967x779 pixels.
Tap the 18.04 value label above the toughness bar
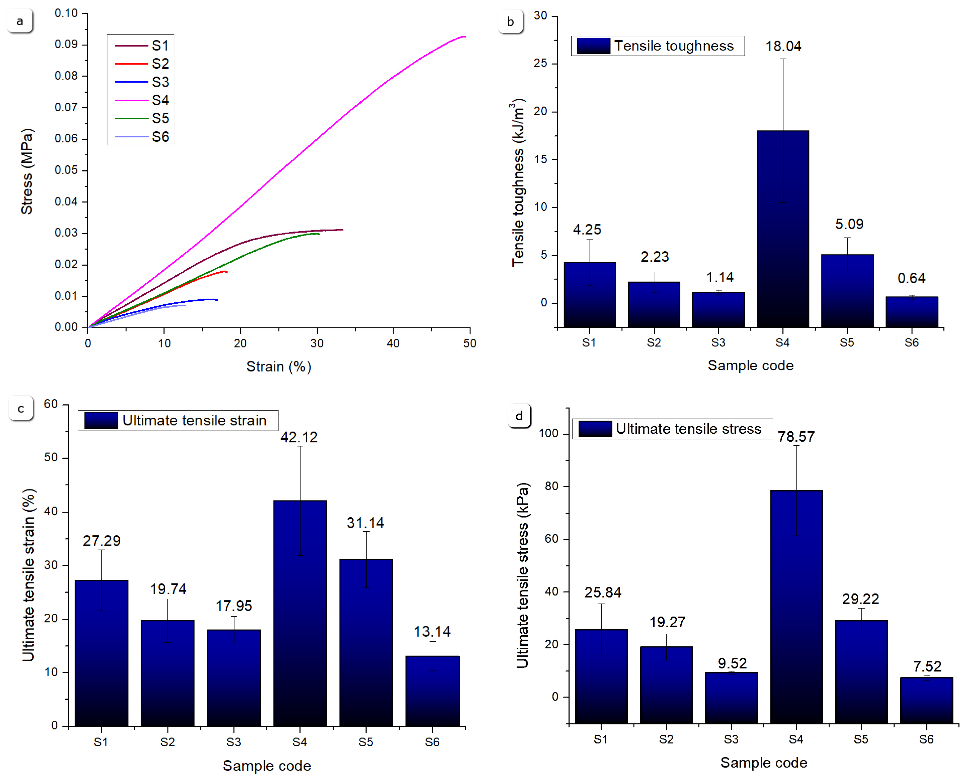click(x=783, y=46)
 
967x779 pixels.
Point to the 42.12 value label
click(x=299, y=437)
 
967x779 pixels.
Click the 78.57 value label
click(x=796, y=437)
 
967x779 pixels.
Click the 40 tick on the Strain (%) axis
click(x=393, y=343)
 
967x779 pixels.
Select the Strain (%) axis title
click(x=278, y=367)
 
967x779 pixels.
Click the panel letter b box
click(x=510, y=21)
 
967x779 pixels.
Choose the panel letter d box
click(x=519, y=416)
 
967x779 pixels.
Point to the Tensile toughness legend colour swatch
click(x=593, y=46)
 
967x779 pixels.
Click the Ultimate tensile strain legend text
click(x=194, y=420)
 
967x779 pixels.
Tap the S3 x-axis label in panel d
click(x=731, y=739)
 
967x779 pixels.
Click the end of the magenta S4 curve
click(x=465, y=37)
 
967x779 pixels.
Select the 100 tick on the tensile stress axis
click(x=548, y=433)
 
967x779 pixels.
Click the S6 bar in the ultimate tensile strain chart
click(x=432, y=691)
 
